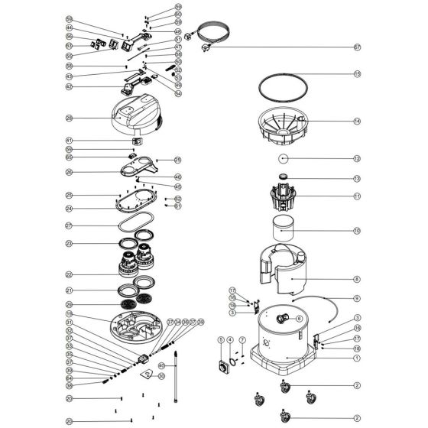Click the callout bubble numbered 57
pyautogui.click(x=356, y=47)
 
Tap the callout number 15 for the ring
pyautogui.click(x=356, y=74)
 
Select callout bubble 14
pyautogui.click(x=356, y=121)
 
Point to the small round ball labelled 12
pyautogui.click(x=283, y=159)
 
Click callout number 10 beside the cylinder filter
pyautogui.click(x=356, y=230)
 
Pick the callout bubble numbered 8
pyautogui.click(x=356, y=280)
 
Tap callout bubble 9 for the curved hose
pyautogui.click(x=356, y=298)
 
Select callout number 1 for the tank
pyautogui.click(x=356, y=358)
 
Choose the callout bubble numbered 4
pyautogui.click(x=229, y=339)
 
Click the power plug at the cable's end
pyautogui.click(x=204, y=47)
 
